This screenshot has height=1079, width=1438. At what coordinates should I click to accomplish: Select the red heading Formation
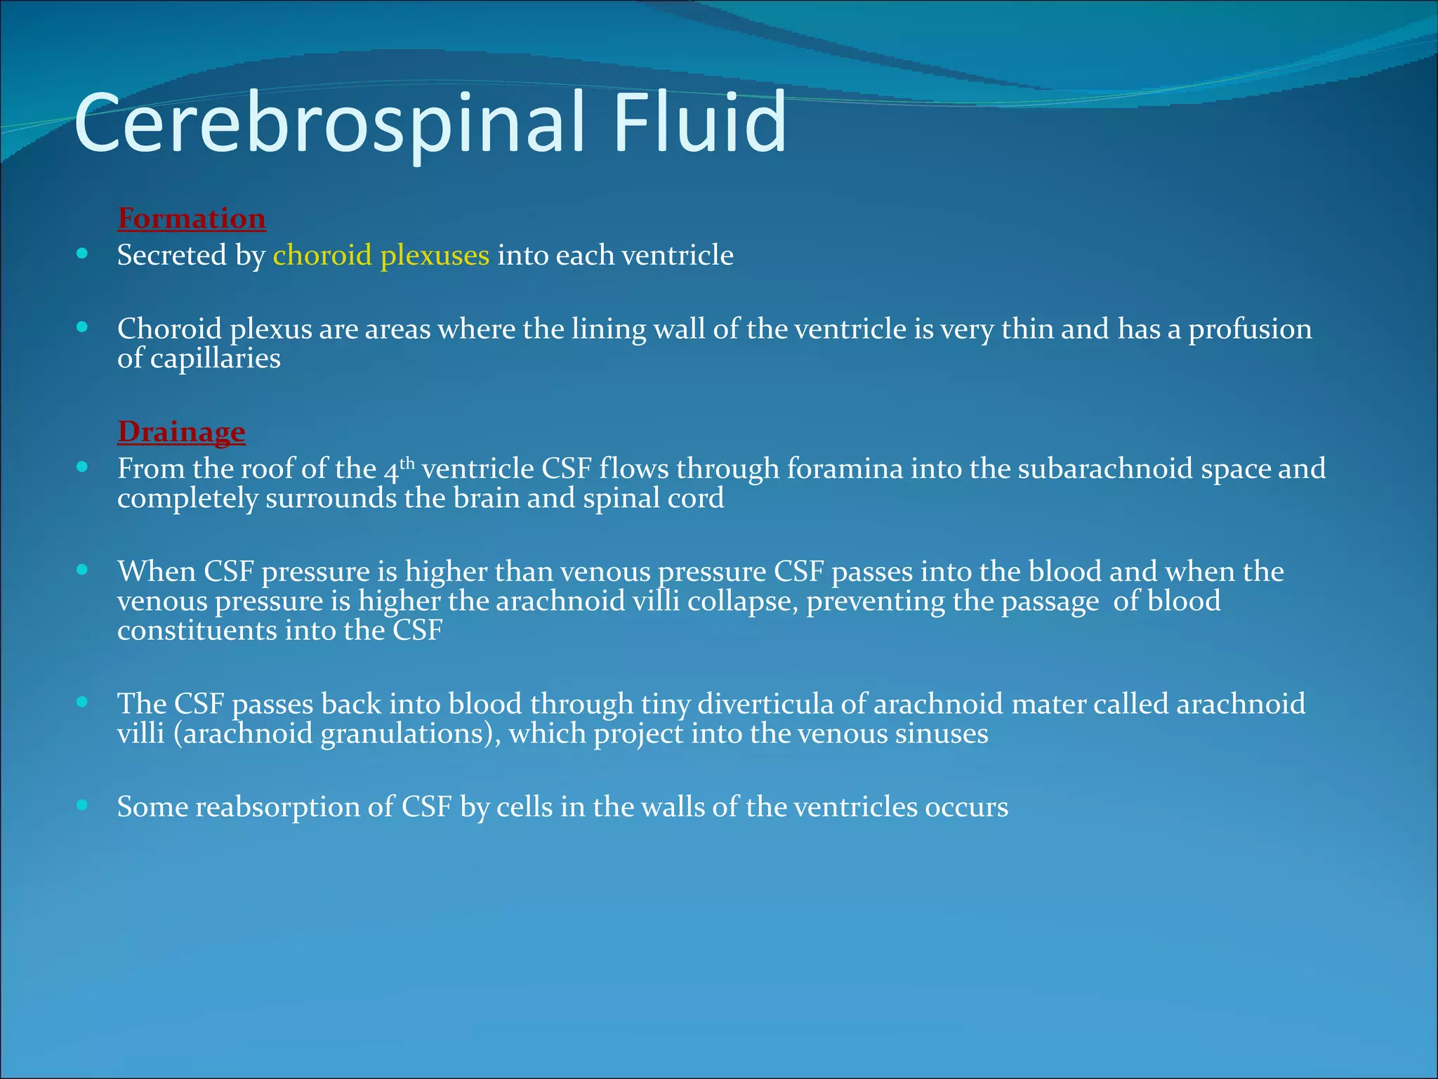pos(192,218)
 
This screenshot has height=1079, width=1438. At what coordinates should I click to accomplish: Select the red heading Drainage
pos(181,431)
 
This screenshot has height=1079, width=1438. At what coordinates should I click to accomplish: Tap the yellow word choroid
pos(322,255)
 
